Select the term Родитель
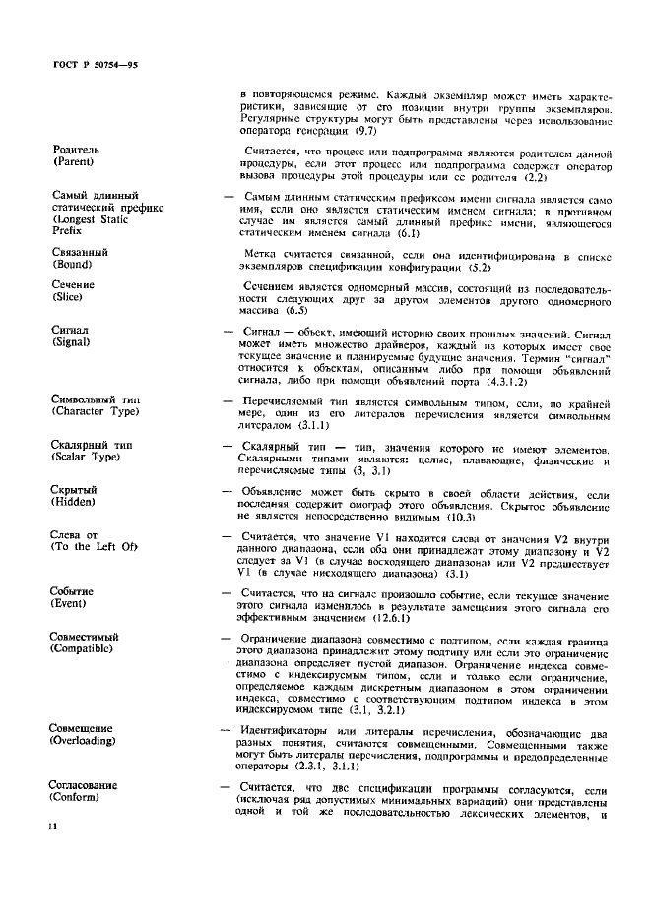[x=75, y=150]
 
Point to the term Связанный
[x=79, y=253]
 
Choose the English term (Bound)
[x=72, y=265]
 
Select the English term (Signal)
[x=72, y=343]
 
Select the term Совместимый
[x=86, y=639]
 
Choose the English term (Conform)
[x=78, y=796]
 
